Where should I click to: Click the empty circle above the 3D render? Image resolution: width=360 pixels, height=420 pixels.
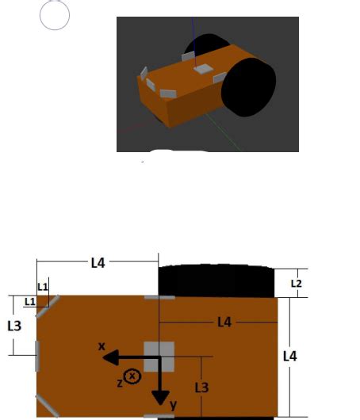[55, 15]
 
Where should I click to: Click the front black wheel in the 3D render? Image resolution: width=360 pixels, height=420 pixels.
[249, 87]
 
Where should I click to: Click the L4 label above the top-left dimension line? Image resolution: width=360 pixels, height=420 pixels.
[97, 262]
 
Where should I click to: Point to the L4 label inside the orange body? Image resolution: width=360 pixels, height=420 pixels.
[224, 322]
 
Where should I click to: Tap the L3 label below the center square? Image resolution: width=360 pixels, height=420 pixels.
[202, 388]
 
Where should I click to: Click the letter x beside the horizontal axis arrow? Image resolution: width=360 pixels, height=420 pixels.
[101, 346]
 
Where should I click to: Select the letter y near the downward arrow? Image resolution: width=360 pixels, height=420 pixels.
[174, 405]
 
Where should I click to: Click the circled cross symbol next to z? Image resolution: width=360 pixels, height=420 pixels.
[132, 376]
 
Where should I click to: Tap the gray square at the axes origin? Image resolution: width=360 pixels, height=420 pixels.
[159, 357]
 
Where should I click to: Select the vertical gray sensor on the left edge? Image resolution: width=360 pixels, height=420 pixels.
[36, 357]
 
